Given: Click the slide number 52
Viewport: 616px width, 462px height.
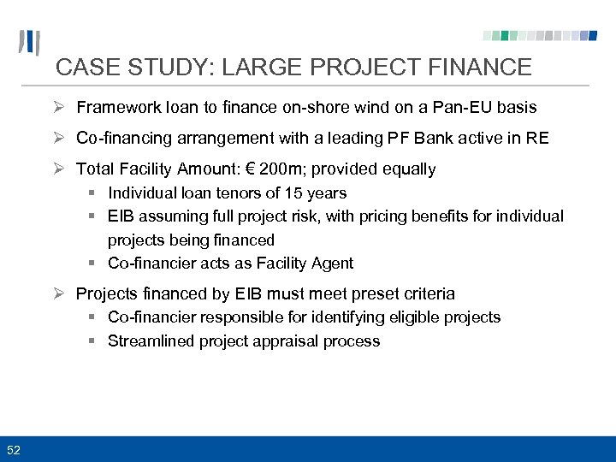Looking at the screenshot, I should pos(15,450).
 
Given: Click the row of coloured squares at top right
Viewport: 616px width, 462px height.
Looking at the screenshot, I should pos(540,36).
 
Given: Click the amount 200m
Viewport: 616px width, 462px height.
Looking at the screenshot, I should pos(286,169).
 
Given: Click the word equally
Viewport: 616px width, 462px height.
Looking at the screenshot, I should pos(405,169).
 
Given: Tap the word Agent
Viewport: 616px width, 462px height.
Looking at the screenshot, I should pos(331,264).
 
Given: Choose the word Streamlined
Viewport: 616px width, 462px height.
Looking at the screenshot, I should pos(151,341).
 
